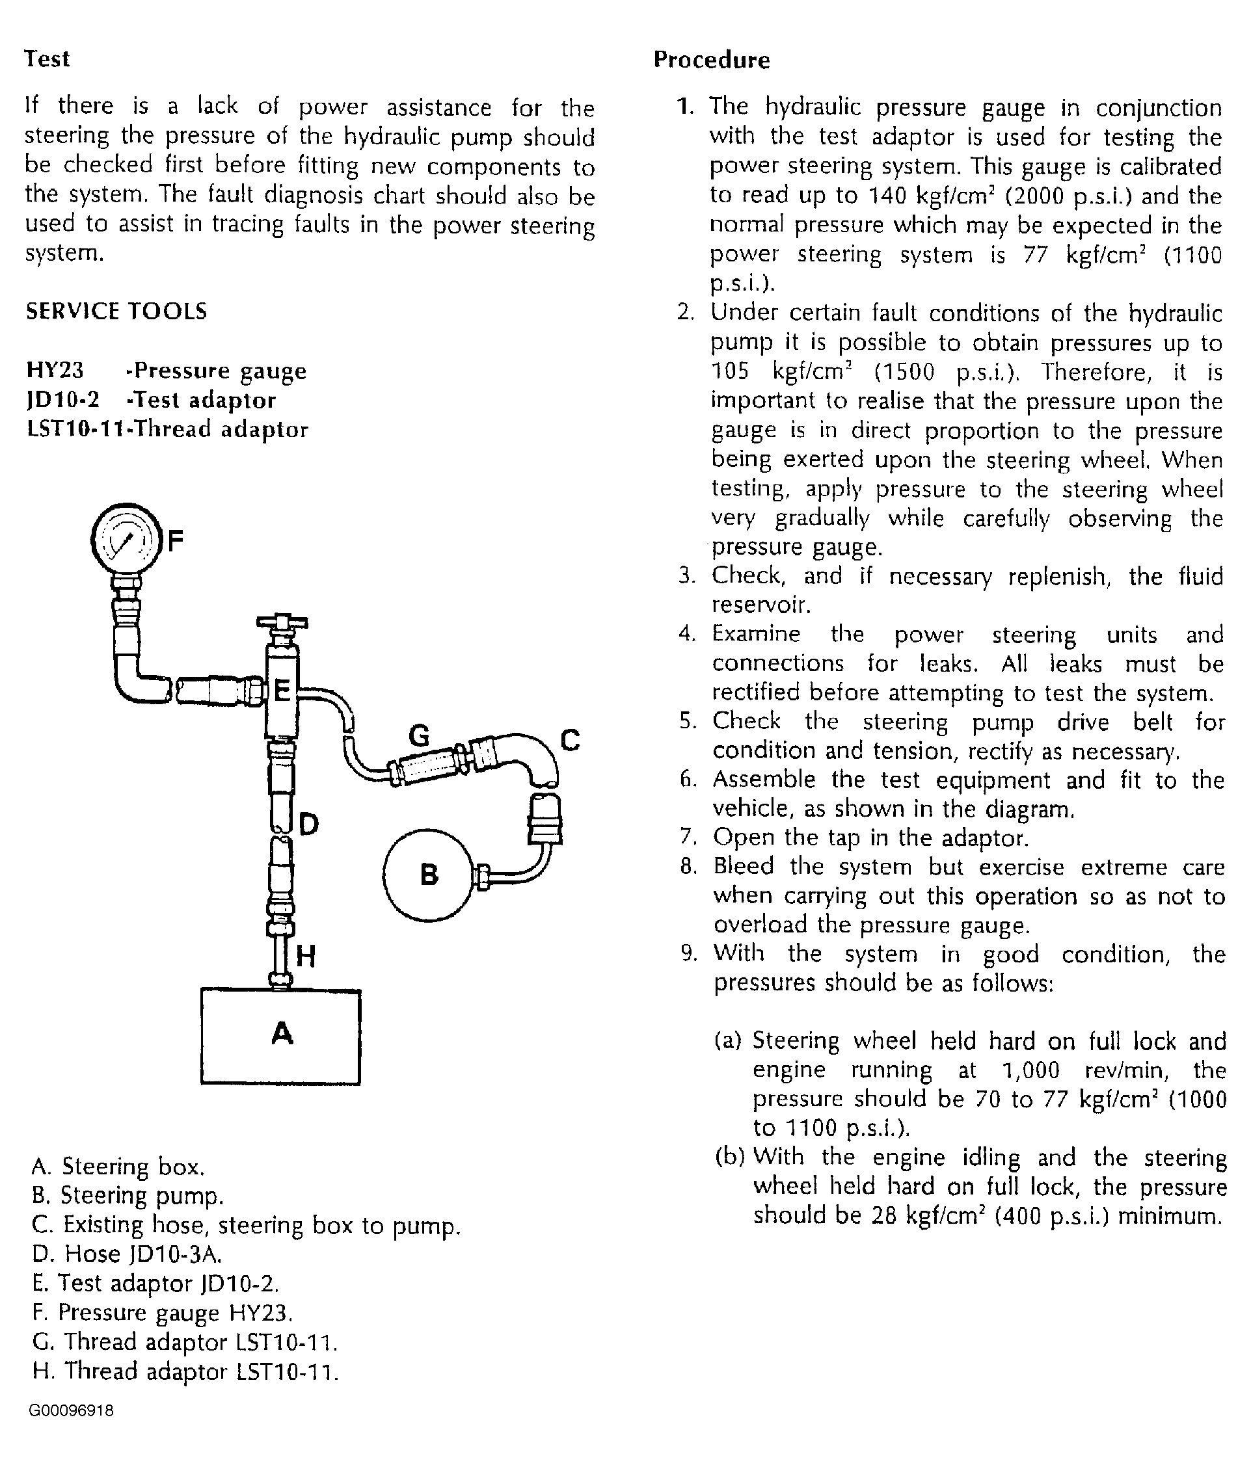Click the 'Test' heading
[47, 59]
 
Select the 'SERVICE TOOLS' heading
[116, 311]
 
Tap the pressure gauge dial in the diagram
[124, 541]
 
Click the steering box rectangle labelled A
[281, 1036]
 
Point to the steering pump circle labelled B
[428, 875]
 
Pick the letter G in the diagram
[420, 737]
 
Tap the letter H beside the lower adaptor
[306, 957]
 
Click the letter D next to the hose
[309, 824]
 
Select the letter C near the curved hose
[570, 740]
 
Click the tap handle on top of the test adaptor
[282, 623]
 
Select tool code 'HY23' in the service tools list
[55, 371]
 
